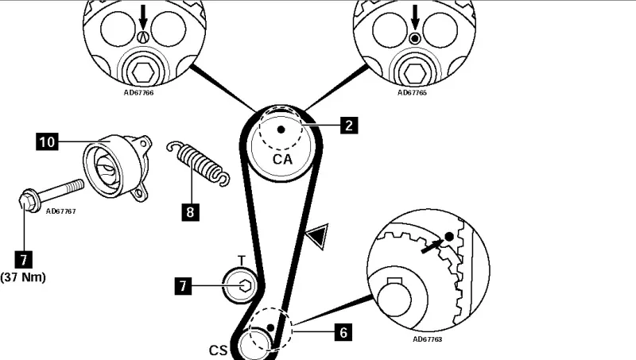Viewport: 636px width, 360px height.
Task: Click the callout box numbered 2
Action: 347,125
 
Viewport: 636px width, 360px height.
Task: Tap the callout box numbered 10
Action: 47,142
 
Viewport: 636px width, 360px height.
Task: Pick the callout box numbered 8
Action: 189,212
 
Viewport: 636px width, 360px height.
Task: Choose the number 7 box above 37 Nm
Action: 25,257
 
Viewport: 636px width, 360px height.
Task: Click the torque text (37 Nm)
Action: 24,277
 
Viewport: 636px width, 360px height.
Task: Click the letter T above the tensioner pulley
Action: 242,261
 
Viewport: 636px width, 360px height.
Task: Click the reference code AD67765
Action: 412,93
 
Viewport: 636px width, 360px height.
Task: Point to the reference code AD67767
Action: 60,212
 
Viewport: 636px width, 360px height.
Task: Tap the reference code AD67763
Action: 429,339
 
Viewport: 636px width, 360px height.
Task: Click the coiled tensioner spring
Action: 198,163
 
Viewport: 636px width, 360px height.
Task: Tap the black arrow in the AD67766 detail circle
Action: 143,16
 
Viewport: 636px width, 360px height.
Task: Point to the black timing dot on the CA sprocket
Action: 280,129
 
